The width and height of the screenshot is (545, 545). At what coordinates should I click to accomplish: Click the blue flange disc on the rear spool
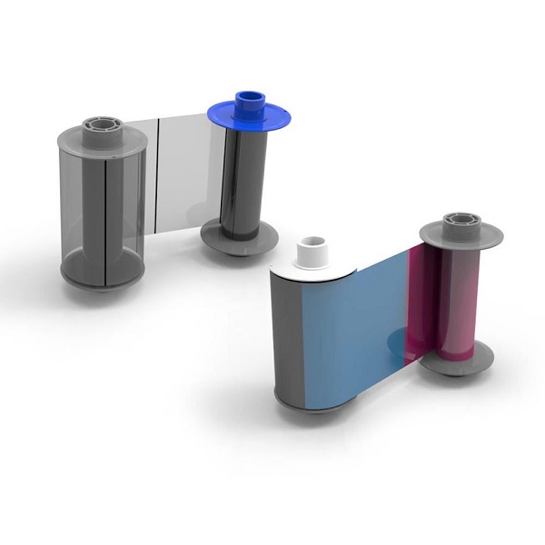[227, 116]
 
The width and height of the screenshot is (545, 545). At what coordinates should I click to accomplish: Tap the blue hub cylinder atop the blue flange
[247, 102]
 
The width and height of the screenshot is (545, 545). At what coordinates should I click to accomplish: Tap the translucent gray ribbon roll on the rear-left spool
[100, 204]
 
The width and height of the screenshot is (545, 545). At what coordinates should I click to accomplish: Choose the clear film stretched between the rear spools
[186, 168]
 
